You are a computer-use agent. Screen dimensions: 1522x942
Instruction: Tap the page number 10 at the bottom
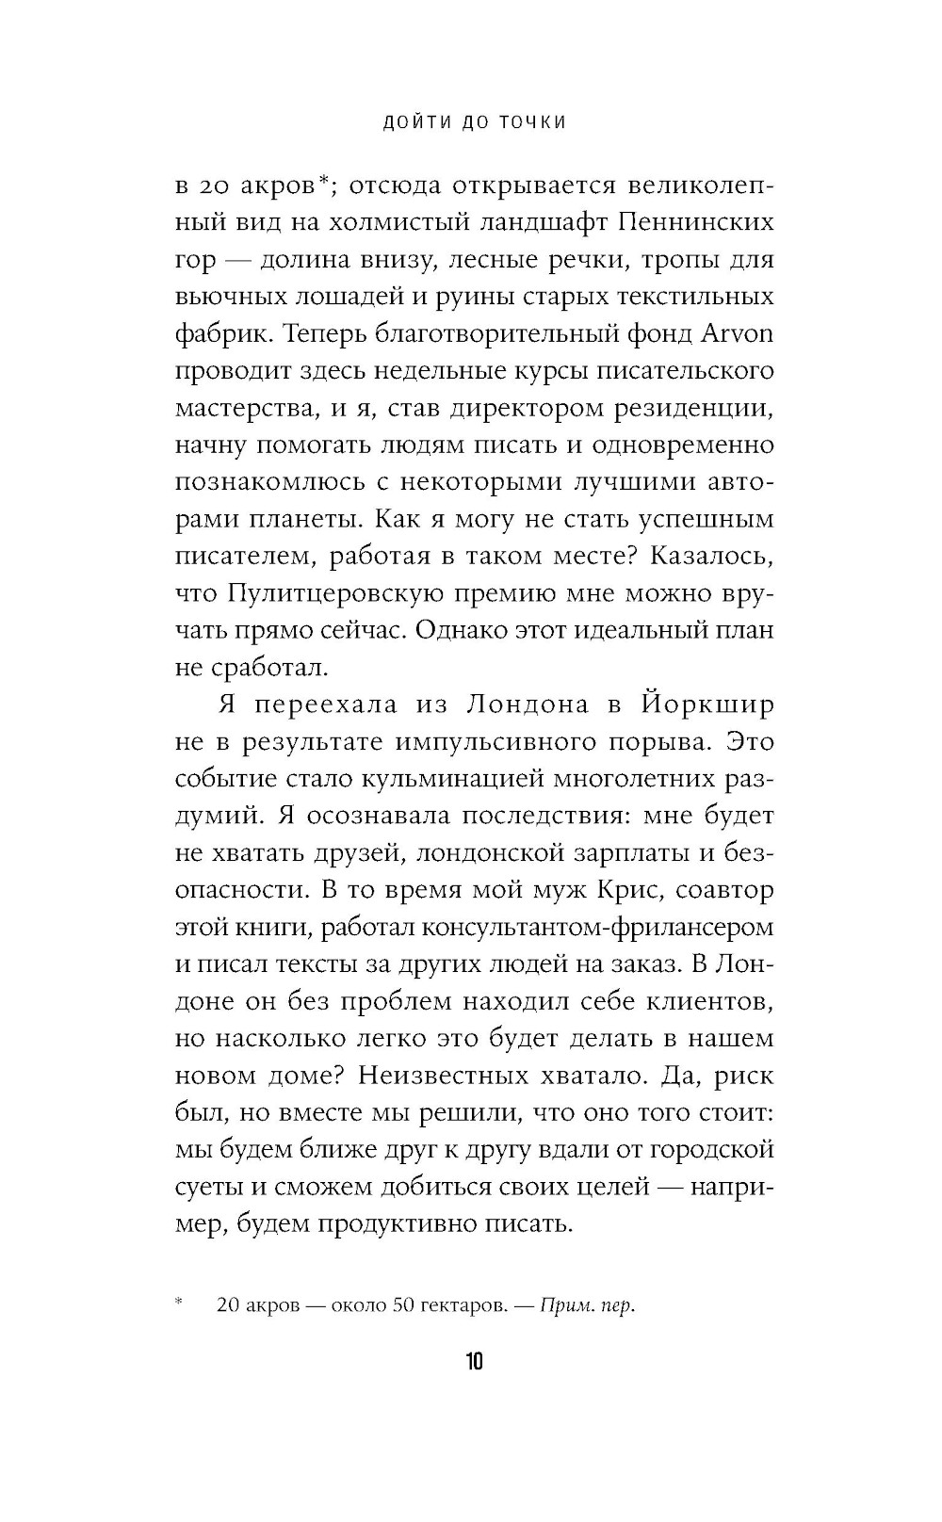pyautogui.click(x=473, y=1362)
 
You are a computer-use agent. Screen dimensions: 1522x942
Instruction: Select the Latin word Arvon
pyautogui.click(x=738, y=334)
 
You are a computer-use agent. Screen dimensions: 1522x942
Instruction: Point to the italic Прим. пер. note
pyautogui.click(x=589, y=1305)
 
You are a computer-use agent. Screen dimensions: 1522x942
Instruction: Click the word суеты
pyautogui.click(x=208, y=1188)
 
